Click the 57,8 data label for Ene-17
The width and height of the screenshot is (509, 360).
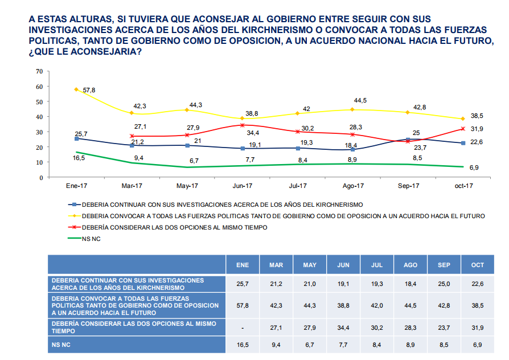coord(89,91)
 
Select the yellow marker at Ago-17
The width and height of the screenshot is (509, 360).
coord(353,109)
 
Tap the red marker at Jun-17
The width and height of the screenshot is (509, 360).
coord(243,125)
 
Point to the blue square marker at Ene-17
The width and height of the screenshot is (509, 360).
coord(77,138)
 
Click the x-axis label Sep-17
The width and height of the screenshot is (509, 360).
coord(408,186)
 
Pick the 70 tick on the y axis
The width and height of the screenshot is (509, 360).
coord(39,71)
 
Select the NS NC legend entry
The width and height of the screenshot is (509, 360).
coord(91,239)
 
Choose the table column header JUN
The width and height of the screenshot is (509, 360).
coord(343,265)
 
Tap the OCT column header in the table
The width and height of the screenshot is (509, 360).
coord(478,265)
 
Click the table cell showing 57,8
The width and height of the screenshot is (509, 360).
coord(242,306)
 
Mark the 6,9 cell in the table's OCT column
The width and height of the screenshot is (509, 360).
coord(478,345)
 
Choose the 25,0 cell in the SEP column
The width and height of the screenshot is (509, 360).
coord(444,284)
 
